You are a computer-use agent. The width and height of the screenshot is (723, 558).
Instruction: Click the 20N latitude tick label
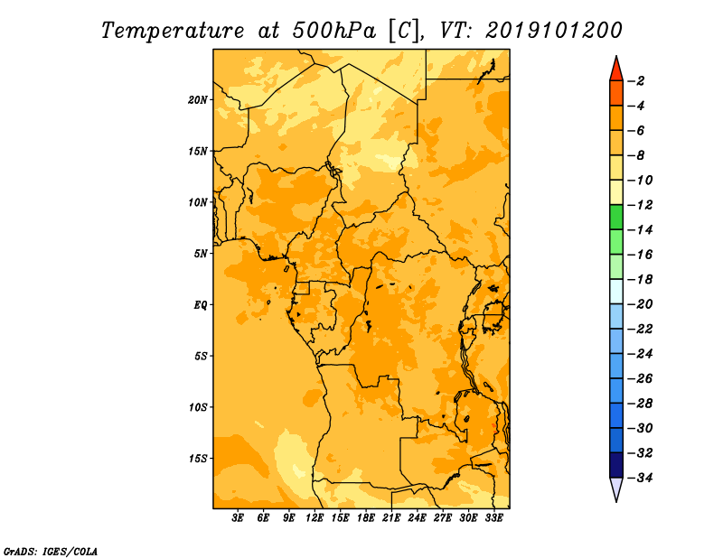198,100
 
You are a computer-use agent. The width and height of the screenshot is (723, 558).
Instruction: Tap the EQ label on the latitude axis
201,305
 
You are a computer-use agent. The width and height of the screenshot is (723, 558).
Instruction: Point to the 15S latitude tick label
198,459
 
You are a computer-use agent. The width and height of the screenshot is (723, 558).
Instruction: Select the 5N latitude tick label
201,254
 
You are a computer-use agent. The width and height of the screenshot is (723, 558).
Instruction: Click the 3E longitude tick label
238,518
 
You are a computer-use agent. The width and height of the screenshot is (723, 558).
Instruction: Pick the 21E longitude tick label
391,518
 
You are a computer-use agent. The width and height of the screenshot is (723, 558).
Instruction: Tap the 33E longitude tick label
493,518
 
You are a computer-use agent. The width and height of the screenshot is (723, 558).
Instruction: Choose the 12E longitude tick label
315,518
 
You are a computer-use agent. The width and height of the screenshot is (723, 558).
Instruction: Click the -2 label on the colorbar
637,81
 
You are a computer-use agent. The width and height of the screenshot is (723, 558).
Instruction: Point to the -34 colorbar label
640,478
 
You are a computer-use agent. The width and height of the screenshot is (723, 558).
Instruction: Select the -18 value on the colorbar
640,280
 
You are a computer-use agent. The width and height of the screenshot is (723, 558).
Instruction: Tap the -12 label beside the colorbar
640,205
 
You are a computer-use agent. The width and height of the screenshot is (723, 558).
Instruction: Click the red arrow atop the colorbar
616,70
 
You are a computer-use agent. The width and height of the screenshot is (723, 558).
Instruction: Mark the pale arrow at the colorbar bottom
616,488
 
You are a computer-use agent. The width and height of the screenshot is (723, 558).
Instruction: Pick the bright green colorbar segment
616,218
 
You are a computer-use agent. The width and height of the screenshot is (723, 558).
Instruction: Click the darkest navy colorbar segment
616,465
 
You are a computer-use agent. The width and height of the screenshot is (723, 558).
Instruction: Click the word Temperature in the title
173,32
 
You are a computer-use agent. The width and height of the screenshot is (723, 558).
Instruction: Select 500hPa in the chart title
333,31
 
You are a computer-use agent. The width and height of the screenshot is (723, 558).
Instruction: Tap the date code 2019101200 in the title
554,31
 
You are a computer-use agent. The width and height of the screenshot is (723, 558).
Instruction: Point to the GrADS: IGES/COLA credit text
51,552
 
